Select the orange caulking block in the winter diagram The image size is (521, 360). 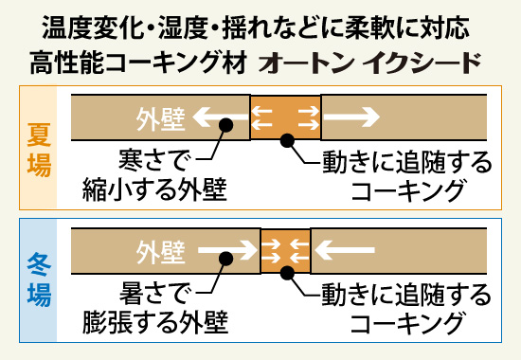click(x=285, y=252)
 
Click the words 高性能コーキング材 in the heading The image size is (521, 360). click(x=143, y=63)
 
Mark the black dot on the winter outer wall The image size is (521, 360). click(x=225, y=257)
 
